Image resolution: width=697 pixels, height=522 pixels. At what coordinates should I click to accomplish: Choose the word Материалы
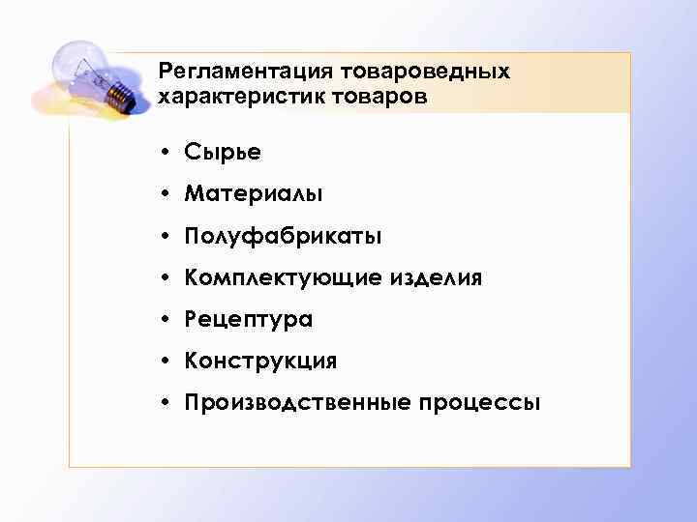253,194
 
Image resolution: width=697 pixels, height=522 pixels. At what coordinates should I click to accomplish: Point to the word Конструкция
260,361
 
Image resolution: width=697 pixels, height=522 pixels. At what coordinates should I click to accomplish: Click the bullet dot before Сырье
167,153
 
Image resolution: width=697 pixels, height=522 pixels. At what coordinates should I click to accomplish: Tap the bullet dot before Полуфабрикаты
167,236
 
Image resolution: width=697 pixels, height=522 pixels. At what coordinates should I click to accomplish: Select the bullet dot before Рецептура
167,319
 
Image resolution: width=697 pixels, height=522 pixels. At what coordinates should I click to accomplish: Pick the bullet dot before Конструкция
167,361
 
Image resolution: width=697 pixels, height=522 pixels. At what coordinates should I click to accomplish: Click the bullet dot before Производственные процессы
167,402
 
